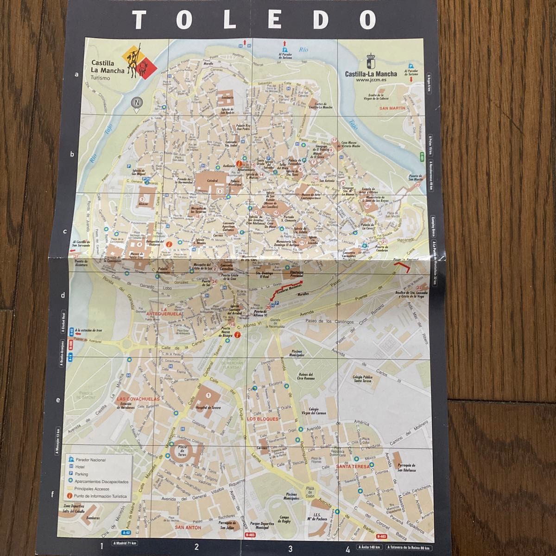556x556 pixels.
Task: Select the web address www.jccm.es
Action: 371,80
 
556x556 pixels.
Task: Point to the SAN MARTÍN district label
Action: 392,107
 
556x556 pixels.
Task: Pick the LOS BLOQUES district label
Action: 262,419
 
